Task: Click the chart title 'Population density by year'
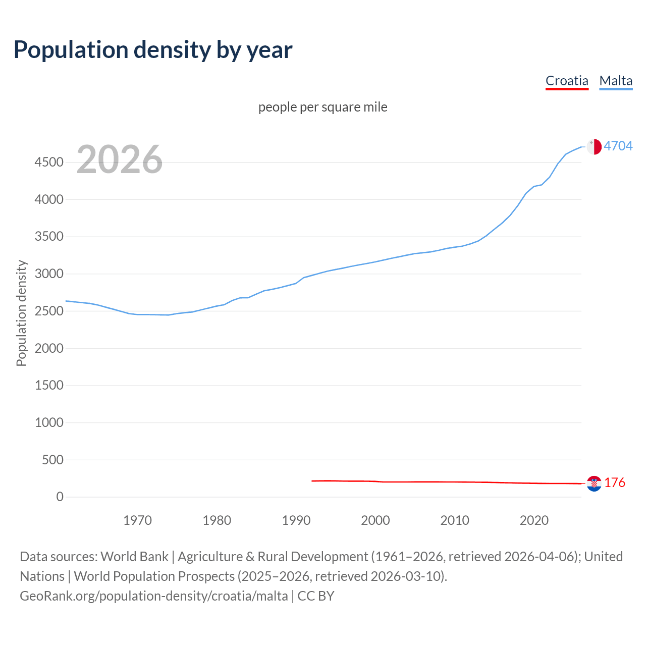(153, 50)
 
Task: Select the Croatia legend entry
(567, 81)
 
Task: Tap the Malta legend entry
(616, 81)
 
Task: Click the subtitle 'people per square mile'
(322, 107)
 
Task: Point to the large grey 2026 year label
(120, 159)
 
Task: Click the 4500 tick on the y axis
(49, 163)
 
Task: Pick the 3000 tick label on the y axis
(49, 274)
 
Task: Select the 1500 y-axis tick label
(49, 386)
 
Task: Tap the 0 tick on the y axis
(60, 497)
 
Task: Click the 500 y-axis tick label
(52, 460)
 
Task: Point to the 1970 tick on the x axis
(137, 520)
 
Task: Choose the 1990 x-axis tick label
(296, 520)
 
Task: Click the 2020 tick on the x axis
(534, 520)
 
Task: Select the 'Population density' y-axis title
(21, 313)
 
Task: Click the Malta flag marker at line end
(594, 146)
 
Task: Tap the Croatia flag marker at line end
(594, 483)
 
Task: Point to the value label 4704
(618, 146)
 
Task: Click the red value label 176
(615, 483)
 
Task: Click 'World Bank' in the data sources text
(134, 557)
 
